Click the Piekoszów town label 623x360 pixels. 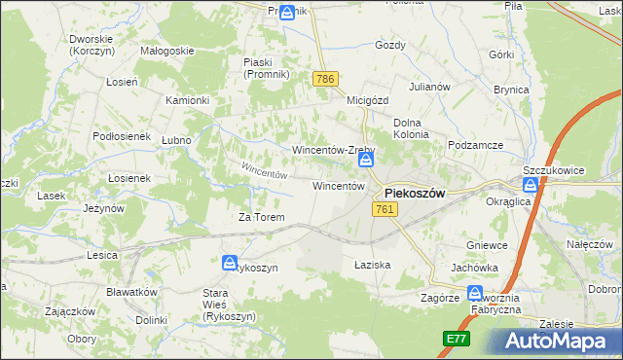coord(415,193)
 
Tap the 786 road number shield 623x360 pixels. coord(325,78)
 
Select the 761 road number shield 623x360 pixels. coord(384,210)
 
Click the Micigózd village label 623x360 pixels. coord(368,99)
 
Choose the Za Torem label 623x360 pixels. coord(261,217)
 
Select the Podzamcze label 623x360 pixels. coord(475,145)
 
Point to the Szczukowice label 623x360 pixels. coord(553,170)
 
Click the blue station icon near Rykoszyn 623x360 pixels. coord(230,263)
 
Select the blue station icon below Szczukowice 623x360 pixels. coord(531,188)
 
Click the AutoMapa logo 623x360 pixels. coord(559,342)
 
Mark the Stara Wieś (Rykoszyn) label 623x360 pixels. coord(228,305)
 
